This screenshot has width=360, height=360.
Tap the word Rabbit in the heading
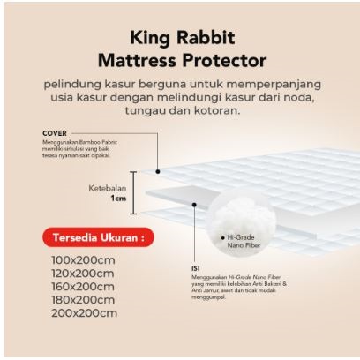coord(206,39)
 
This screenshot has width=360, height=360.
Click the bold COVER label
coord(55,134)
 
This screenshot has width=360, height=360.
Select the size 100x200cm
coord(82,260)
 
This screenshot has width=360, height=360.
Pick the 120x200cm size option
coord(82,274)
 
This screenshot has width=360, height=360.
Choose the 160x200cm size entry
coord(82,287)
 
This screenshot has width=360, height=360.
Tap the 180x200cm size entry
coord(82,300)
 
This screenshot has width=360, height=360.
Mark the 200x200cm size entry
coord(82,313)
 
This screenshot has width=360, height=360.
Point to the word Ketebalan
coord(108,188)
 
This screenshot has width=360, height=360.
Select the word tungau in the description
coord(143,111)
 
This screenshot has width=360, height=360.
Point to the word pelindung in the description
coord(80,84)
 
